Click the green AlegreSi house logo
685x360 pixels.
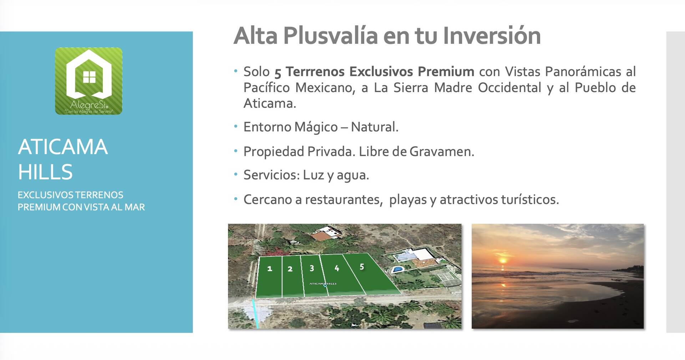(x=88, y=81)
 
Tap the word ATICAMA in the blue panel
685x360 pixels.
(x=63, y=147)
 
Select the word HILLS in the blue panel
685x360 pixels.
(x=45, y=172)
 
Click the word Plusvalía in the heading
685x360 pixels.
(x=331, y=36)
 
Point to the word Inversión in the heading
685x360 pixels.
(x=492, y=36)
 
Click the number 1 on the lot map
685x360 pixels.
(x=270, y=269)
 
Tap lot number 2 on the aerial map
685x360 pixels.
(x=290, y=269)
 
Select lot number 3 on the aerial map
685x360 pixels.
(x=312, y=268)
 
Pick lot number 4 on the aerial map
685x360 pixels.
(x=337, y=268)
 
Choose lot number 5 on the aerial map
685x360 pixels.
(x=362, y=267)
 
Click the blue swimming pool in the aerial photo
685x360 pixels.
(x=397, y=269)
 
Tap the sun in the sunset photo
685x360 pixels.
(x=503, y=260)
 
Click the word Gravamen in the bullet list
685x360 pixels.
(x=442, y=152)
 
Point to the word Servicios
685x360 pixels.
(x=271, y=175)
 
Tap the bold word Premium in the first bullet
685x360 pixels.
(x=446, y=71)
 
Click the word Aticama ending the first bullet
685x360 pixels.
(x=270, y=103)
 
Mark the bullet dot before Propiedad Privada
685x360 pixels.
(x=235, y=151)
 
